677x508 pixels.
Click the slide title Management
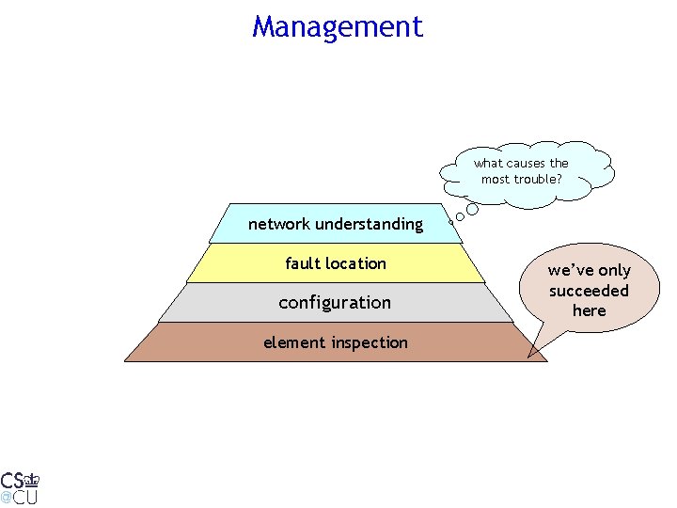[338, 26]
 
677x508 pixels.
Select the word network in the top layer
[279, 224]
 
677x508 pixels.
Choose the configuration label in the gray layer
[335, 303]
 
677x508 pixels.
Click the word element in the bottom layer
[291, 342]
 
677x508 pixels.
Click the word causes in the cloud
[525, 163]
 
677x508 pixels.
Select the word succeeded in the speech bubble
[590, 291]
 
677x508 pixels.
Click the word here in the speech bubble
[590, 310]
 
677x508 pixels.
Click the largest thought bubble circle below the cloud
[473, 210]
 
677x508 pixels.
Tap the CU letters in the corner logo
[25, 497]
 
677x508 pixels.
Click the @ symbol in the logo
[6, 496]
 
